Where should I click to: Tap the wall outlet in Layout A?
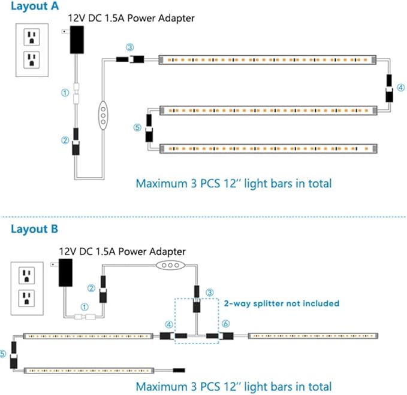click(32, 50)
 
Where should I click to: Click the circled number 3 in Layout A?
click(130, 47)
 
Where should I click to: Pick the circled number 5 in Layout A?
click(137, 127)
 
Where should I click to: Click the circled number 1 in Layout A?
click(65, 93)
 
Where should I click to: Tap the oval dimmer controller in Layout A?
click(103, 113)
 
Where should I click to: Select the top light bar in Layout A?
click(268, 60)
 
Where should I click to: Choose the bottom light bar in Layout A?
click(268, 147)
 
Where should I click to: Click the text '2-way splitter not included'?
click(281, 303)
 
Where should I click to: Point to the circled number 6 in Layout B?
click(225, 323)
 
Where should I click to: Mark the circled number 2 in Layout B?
click(92, 288)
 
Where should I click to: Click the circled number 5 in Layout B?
click(4, 353)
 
